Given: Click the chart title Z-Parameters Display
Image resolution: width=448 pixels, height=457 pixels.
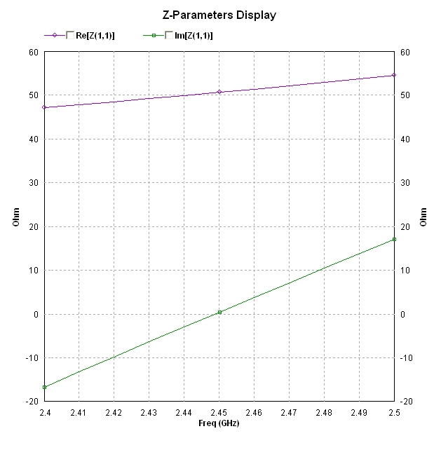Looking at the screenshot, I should [x=219, y=15].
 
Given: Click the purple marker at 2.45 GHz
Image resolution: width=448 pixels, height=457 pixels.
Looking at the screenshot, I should [x=219, y=92].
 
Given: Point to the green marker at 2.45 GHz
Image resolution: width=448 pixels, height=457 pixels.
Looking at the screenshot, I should [x=219, y=312].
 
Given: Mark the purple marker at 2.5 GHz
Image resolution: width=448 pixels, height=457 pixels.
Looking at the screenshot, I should [x=394, y=75].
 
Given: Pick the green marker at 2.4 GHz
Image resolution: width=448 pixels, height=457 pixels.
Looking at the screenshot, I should [x=44, y=387].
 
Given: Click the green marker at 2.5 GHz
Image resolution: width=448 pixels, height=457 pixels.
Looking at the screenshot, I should [x=394, y=240].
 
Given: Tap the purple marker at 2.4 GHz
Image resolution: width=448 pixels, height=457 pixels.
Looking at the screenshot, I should [x=44, y=107].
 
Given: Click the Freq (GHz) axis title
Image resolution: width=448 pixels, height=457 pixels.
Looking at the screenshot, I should [x=219, y=423].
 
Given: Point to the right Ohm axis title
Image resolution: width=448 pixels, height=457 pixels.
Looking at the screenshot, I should [x=423, y=217].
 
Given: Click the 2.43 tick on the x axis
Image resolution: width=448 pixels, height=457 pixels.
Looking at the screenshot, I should [x=149, y=413].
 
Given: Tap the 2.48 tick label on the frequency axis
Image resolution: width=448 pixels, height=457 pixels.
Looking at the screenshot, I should [x=324, y=413].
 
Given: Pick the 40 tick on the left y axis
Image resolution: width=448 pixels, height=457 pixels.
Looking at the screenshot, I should [x=32, y=139].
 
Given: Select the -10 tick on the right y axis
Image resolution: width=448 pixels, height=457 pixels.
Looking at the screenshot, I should [x=408, y=357].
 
